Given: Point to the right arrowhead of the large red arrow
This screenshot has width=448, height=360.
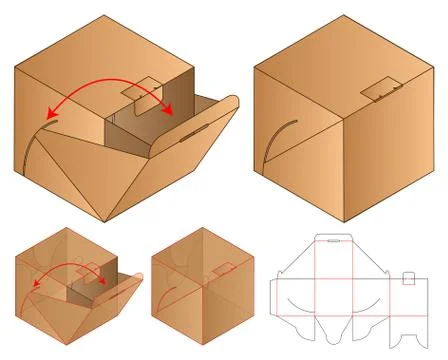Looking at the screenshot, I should [171, 111].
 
